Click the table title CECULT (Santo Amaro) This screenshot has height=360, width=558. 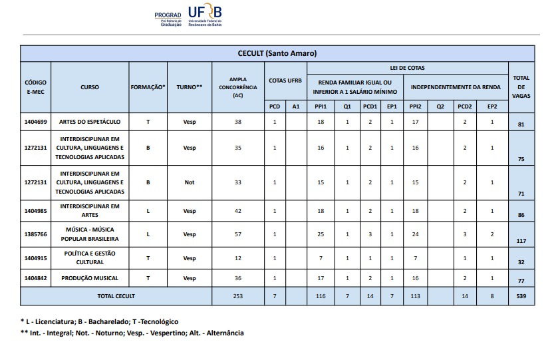click(x=277, y=53)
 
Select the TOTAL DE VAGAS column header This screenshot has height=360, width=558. click(x=521, y=87)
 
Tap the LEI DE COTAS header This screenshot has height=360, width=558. click(x=407, y=68)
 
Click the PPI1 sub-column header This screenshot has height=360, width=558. click(x=321, y=106)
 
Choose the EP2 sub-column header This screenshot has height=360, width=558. click(x=491, y=106)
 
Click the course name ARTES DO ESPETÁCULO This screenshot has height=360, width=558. click(x=90, y=122)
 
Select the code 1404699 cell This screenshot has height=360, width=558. click(x=35, y=122)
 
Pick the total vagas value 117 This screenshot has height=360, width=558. click(x=521, y=242)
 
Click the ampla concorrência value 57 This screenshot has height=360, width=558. click(x=238, y=234)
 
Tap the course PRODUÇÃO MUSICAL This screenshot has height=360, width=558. click(x=90, y=277)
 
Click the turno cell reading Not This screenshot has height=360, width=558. click(x=190, y=182)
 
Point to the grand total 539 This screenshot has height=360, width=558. click(x=521, y=296)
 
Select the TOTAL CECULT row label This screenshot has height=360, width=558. click(x=116, y=296)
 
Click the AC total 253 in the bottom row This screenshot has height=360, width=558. click(x=238, y=296)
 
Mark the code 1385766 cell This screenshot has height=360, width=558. click(x=35, y=234)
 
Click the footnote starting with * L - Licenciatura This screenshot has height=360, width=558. click(x=99, y=321)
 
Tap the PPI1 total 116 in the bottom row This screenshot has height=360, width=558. click(x=321, y=296)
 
